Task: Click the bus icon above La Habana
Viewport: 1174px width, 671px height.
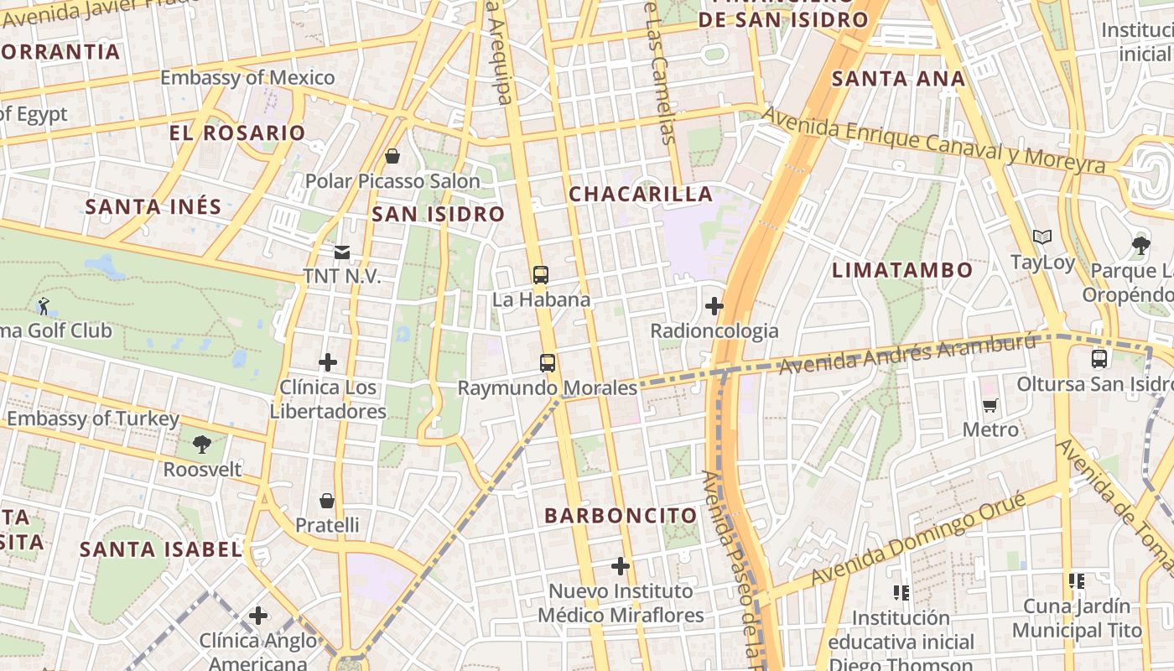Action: (541, 274)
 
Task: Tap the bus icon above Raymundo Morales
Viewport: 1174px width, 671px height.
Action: (548, 363)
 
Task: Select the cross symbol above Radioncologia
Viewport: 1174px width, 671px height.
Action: (714, 306)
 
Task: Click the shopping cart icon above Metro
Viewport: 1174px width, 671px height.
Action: (990, 406)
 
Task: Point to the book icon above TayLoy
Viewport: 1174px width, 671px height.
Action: (1042, 237)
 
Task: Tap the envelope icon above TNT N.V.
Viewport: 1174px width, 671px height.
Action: (342, 252)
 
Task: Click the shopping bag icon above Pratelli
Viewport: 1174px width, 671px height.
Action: (327, 501)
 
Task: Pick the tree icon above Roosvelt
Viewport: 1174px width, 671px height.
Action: (201, 444)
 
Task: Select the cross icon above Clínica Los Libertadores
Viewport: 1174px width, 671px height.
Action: (328, 362)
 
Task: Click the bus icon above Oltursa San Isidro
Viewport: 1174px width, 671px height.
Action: (1099, 359)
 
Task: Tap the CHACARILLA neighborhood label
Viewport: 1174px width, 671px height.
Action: (641, 194)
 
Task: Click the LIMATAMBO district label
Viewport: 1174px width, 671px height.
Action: (902, 270)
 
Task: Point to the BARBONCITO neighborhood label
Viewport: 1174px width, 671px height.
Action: (621, 516)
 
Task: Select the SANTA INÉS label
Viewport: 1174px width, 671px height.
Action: (153, 206)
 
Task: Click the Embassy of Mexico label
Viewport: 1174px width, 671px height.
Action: (247, 78)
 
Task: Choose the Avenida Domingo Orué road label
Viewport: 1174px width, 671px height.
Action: (917, 539)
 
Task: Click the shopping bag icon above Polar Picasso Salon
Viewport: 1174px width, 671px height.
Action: (392, 156)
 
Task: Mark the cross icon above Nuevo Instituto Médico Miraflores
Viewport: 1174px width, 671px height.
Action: (621, 566)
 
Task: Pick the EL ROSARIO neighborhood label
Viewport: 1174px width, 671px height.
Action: (237, 133)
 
